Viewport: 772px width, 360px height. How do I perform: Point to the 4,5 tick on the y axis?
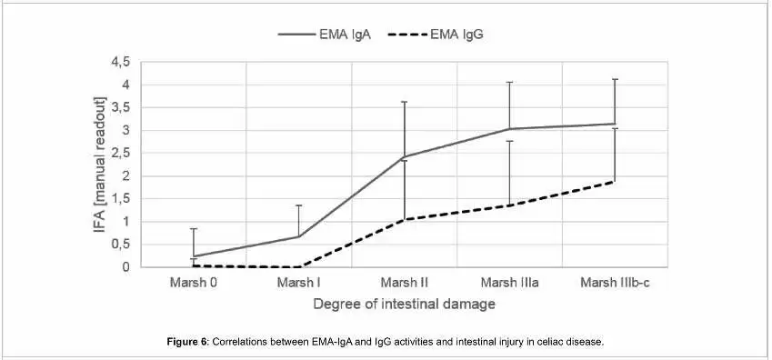[120, 62]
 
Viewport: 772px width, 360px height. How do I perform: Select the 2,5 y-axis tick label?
[120, 153]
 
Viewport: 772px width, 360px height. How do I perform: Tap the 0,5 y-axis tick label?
[120, 245]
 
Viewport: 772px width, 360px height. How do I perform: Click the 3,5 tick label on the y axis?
[120, 107]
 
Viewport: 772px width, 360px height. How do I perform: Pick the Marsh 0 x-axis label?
[193, 282]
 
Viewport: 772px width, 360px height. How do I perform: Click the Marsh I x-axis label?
[299, 282]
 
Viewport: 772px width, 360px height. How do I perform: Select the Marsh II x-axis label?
[405, 282]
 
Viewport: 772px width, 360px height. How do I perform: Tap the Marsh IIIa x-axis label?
[510, 282]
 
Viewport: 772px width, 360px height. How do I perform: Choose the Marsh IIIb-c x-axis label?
[616, 282]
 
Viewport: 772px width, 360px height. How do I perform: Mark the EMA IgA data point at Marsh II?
[405, 156]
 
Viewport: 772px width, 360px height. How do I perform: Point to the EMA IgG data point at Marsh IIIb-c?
[616, 181]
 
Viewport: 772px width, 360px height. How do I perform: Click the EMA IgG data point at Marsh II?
[405, 219]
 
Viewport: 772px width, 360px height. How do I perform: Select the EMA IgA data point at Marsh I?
[299, 236]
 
